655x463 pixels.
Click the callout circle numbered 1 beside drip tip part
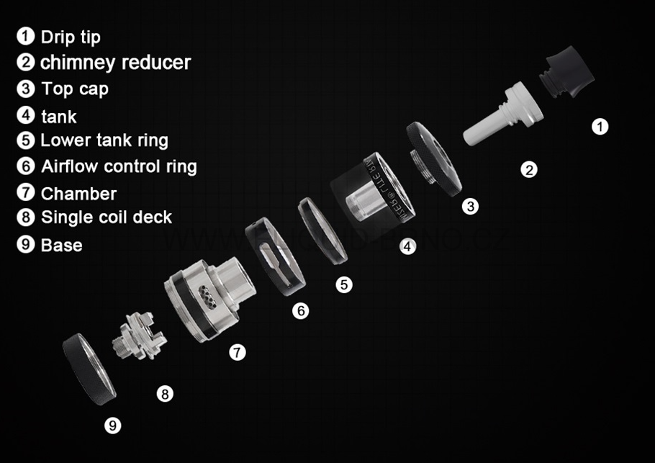[x=600, y=127]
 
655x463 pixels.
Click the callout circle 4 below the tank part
[x=407, y=246]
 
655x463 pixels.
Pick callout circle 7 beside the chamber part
[x=238, y=352]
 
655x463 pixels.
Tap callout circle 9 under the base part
[x=113, y=426]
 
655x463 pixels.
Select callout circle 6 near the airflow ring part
[x=301, y=310]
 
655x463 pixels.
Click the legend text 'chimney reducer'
[x=115, y=63]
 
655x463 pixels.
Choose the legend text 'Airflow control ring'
[x=119, y=166]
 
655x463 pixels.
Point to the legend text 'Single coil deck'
[x=107, y=217]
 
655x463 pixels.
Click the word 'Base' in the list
[x=61, y=245]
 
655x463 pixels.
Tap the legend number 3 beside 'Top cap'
[x=26, y=89]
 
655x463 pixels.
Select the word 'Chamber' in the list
[x=78, y=194]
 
